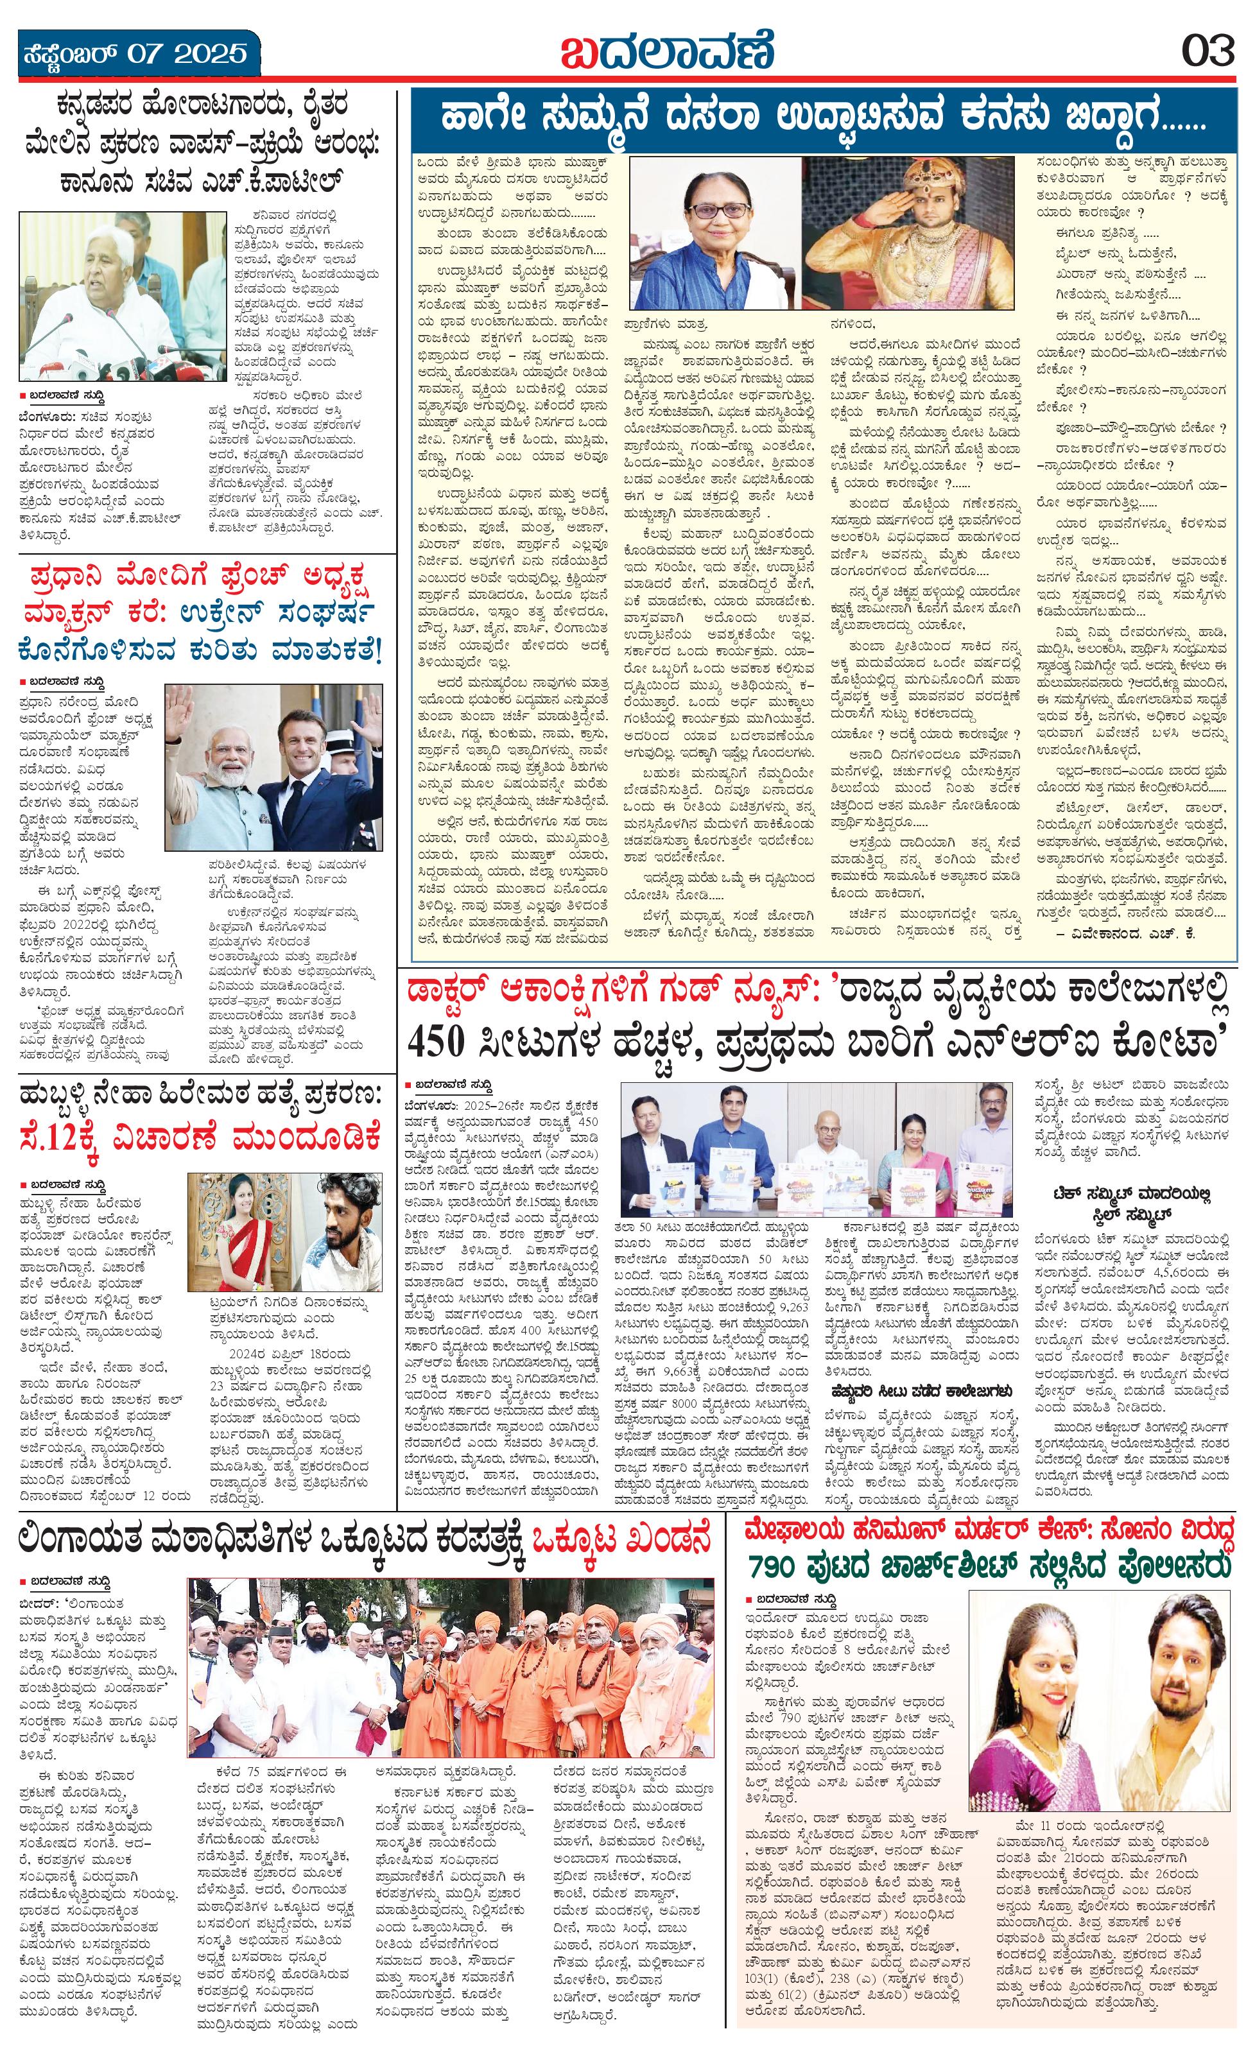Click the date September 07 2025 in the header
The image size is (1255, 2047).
pos(134,54)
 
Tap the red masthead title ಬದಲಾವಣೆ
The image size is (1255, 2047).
pos(667,51)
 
